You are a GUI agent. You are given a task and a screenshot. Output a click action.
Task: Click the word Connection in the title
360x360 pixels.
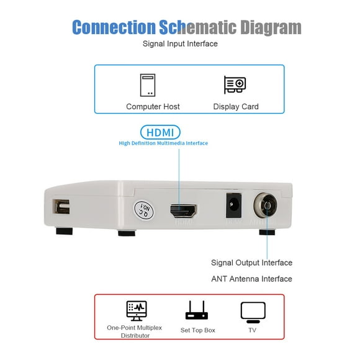114,27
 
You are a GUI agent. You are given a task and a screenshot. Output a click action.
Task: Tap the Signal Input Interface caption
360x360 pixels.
180,43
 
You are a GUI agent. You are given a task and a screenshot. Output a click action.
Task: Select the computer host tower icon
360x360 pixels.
148,85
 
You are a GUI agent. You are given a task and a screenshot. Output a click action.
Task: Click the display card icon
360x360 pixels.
235,85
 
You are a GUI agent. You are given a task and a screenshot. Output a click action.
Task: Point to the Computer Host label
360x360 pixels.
153,107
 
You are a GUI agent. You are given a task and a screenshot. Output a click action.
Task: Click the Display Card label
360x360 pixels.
236,107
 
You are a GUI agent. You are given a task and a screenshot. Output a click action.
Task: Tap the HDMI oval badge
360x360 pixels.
160,132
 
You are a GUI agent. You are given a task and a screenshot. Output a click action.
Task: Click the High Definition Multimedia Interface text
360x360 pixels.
163,143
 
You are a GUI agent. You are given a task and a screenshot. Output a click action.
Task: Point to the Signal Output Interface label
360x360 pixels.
251,263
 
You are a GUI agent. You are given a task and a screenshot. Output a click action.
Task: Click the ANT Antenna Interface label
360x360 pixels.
251,279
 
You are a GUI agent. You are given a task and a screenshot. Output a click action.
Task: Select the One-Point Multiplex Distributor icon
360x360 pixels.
137,310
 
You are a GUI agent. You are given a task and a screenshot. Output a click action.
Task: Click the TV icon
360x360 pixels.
253,311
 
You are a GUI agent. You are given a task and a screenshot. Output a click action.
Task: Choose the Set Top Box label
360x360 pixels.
197,330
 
